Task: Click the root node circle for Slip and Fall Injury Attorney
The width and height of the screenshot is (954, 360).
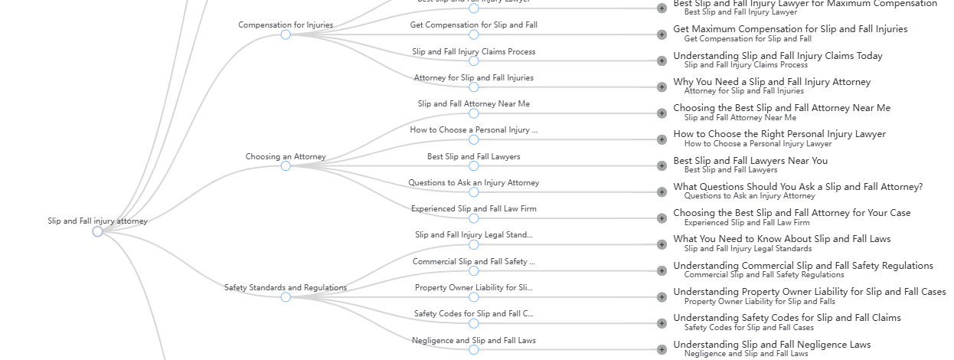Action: click(97, 231)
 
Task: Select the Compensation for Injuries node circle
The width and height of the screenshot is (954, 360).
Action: click(286, 34)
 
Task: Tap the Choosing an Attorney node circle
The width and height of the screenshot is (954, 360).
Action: click(286, 165)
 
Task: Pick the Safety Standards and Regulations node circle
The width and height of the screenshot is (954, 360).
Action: click(286, 297)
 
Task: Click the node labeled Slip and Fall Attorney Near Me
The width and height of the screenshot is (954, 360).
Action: click(473, 113)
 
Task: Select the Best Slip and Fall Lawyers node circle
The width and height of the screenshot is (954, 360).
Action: click(473, 166)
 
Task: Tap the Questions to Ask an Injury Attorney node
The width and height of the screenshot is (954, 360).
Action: click(473, 192)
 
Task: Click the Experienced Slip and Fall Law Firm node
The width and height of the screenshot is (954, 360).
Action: click(473, 218)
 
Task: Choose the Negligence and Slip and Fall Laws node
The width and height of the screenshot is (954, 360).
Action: click(473, 350)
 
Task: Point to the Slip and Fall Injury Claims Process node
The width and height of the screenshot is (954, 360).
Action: click(473, 61)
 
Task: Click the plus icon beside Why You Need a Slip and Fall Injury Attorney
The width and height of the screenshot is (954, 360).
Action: click(662, 87)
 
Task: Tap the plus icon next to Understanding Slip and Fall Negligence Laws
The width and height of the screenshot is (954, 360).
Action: click(662, 350)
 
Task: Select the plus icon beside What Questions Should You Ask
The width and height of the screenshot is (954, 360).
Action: click(662, 192)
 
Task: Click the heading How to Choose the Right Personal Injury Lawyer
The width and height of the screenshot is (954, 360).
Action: click(779, 134)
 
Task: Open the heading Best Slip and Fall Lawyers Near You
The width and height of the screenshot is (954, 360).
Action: click(750, 161)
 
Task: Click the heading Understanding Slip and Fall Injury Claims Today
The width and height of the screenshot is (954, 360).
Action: click(777, 56)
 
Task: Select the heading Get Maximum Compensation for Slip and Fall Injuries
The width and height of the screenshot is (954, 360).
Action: click(789, 29)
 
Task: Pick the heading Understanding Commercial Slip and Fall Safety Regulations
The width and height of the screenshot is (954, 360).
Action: click(802, 266)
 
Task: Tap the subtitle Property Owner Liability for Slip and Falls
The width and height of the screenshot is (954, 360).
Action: click(760, 301)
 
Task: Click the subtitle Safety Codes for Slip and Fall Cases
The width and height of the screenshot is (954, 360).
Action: click(748, 327)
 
